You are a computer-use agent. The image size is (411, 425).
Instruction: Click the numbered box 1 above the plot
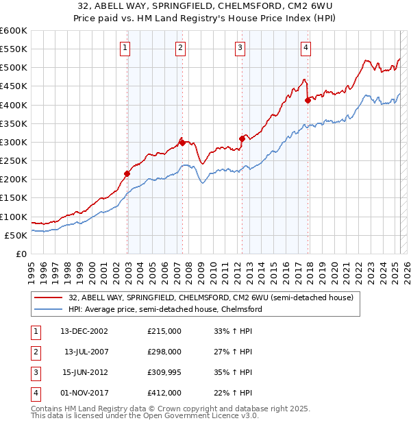[x=126, y=48]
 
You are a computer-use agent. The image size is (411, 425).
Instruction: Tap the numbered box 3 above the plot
[x=240, y=48]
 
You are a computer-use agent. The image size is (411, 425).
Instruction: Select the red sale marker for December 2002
[x=127, y=173]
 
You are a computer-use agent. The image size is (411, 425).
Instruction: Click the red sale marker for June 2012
[x=242, y=138]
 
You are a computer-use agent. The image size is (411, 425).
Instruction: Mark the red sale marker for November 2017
[x=308, y=100]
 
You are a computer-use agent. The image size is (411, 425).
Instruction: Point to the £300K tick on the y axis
[x=14, y=142]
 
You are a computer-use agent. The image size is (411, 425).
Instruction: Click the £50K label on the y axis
[x=16, y=235]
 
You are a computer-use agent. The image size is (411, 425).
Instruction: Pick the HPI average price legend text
[x=165, y=309]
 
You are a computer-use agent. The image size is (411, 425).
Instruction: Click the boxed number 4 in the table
[x=35, y=393]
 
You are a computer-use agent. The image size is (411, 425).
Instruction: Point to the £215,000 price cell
[x=164, y=331]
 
